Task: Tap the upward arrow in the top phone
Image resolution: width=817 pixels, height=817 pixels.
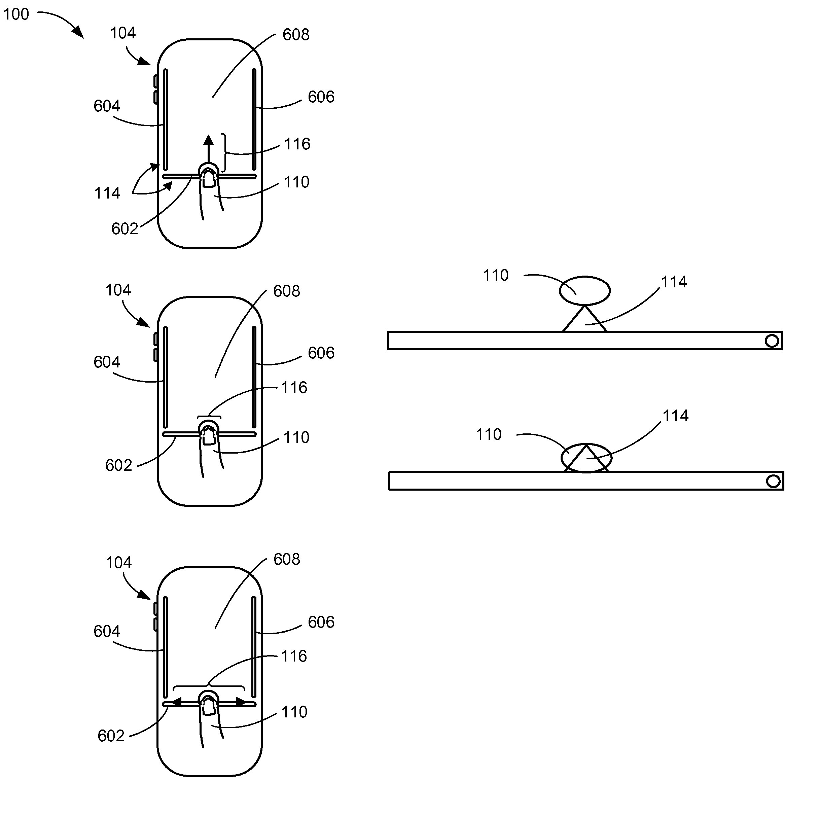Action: pyautogui.click(x=208, y=149)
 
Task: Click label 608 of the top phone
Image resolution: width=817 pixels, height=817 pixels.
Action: pyautogui.click(x=296, y=35)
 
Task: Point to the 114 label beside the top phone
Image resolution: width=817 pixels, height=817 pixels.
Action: pyautogui.click(x=107, y=193)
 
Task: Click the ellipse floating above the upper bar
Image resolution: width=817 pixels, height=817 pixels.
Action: pyautogui.click(x=585, y=290)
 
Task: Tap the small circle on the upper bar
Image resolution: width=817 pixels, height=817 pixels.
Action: pyautogui.click(x=772, y=341)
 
